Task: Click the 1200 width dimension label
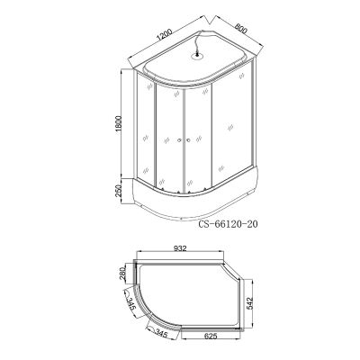[164, 35]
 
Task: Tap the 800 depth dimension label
[241, 30]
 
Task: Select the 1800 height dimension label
[119, 123]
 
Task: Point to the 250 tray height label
[119, 191]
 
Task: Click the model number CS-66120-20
[228, 224]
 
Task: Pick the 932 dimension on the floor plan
[180, 248]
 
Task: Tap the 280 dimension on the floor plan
[123, 274]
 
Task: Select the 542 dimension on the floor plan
[250, 304]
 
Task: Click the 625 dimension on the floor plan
[210, 337]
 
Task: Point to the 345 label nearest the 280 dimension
[130, 303]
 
